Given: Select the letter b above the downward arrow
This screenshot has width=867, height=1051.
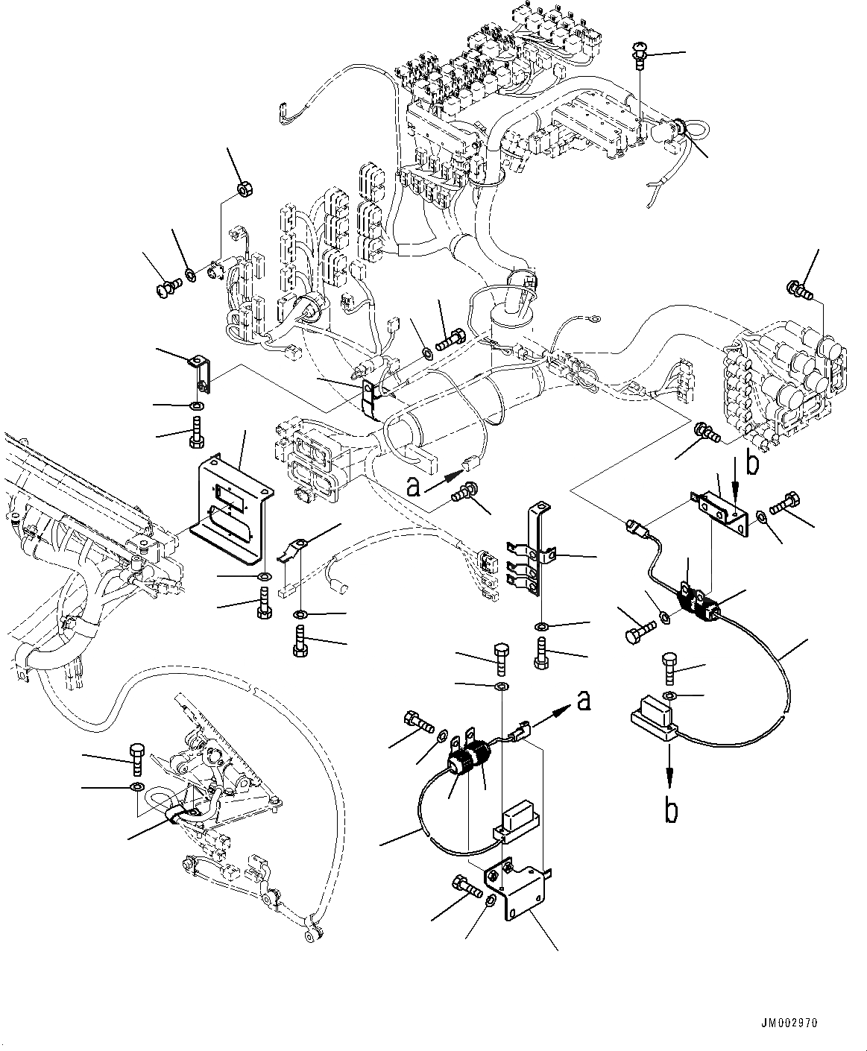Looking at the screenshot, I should click(x=753, y=464).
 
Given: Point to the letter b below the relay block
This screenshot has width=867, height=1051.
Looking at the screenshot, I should click(x=672, y=809).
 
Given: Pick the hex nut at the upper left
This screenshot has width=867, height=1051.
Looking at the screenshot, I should click(x=242, y=189).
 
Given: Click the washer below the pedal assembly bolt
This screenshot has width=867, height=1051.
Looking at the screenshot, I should click(x=136, y=787).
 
